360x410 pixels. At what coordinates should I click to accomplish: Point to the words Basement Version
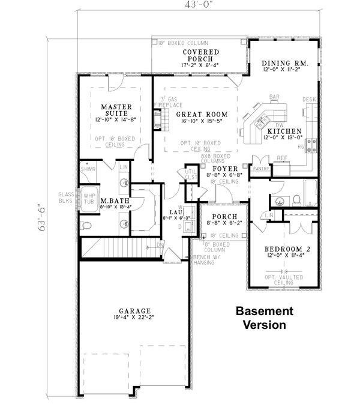click(263, 318)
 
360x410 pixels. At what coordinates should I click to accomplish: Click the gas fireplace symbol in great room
click(158, 121)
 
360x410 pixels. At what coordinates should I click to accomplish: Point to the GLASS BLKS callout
click(65, 198)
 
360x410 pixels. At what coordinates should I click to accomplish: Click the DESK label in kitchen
click(309, 99)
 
